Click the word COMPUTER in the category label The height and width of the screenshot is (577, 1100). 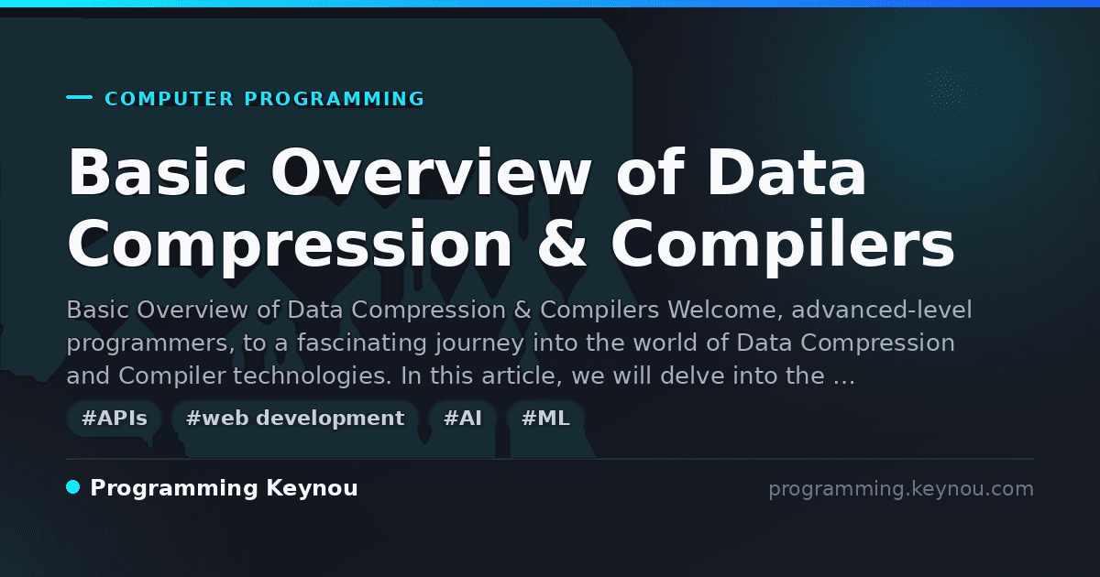pos(169,99)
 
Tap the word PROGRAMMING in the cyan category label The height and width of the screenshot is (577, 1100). pos(335,99)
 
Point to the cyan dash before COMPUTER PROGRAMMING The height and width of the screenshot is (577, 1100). pos(79,97)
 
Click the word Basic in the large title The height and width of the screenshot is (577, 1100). pos(157,172)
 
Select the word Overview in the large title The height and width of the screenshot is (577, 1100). pos(432,172)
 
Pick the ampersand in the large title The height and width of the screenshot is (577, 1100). pos(562,244)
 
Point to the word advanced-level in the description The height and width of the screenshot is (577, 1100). pos(882,310)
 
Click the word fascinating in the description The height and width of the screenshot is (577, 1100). pos(361,343)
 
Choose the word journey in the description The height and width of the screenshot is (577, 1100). pos(479,344)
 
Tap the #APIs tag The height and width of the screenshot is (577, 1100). pos(114,418)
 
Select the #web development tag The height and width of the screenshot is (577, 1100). pos(294,418)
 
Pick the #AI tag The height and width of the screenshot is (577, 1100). pos(463,418)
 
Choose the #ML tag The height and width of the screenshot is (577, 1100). pos(545,418)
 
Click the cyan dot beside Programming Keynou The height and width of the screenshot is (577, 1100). pos(73,487)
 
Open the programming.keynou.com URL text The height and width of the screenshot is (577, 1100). pos(901,489)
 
